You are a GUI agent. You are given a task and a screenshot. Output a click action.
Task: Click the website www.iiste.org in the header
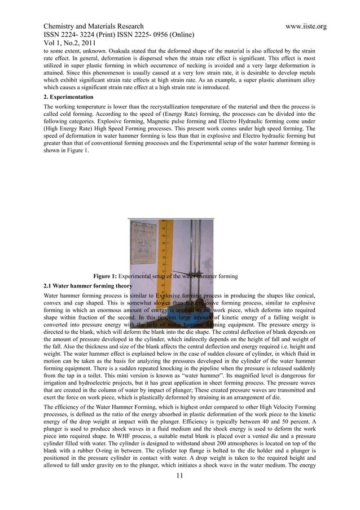[x=302, y=27]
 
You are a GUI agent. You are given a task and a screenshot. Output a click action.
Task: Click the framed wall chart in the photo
[x=143, y=243]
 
